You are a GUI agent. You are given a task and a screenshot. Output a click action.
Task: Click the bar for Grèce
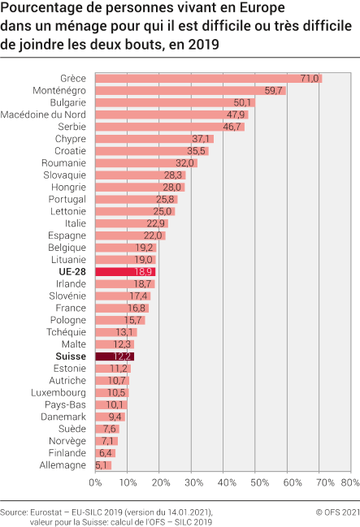point(208,78)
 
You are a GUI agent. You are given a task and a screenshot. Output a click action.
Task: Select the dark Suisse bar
point(115,356)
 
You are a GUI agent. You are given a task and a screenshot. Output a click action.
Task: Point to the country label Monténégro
point(59,90)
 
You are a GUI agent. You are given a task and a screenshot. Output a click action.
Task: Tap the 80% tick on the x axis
point(351,482)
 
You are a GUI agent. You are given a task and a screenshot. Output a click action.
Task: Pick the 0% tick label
point(95,482)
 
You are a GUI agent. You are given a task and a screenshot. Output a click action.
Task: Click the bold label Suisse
point(70,356)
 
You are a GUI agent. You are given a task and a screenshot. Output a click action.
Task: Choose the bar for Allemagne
point(103,465)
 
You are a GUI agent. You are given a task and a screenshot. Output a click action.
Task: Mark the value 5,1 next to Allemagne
point(102,465)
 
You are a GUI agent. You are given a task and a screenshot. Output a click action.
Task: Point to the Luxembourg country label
point(59,392)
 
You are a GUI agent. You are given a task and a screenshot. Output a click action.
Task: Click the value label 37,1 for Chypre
point(201,139)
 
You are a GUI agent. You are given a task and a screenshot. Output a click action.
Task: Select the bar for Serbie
point(170,127)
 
